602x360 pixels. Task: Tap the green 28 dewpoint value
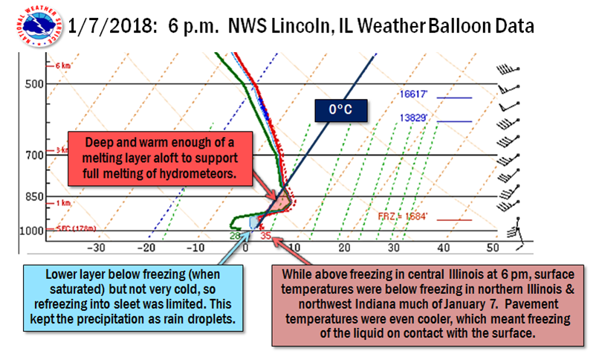pyautogui.click(x=234, y=237)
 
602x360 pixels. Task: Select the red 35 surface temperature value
pyautogui.click(x=265, y=237)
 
